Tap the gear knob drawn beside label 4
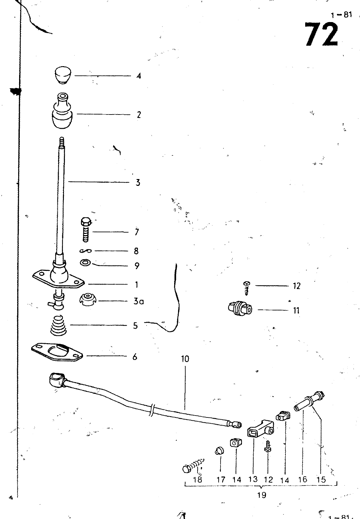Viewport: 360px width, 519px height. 63,75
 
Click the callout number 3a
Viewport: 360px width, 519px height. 138,301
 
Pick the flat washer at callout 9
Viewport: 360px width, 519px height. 86,263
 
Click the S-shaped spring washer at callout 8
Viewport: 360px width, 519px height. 86,251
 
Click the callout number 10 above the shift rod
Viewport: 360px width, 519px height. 185,359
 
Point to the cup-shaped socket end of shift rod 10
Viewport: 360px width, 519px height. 56,379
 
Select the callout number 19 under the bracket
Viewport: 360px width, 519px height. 261,495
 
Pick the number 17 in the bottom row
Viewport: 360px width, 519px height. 221,480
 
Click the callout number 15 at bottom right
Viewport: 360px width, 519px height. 321,479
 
